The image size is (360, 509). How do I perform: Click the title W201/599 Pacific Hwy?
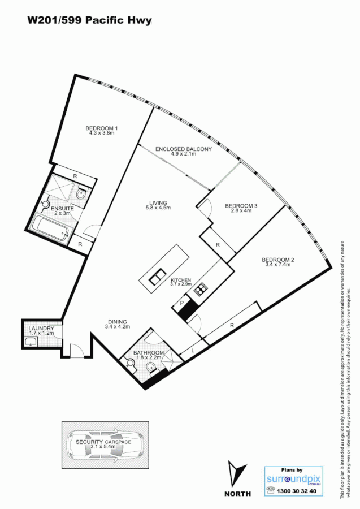89,20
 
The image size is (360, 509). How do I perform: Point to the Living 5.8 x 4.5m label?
158,205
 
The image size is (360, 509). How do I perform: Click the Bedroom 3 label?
241,208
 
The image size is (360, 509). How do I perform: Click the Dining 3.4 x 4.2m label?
118,324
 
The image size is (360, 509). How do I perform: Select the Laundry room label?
41,331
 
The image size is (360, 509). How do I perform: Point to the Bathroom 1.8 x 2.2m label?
148,355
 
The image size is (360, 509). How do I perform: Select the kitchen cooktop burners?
199,291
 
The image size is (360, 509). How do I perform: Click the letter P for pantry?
182,303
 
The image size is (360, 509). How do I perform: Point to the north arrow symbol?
238,475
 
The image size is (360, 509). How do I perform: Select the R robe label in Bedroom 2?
232,326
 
